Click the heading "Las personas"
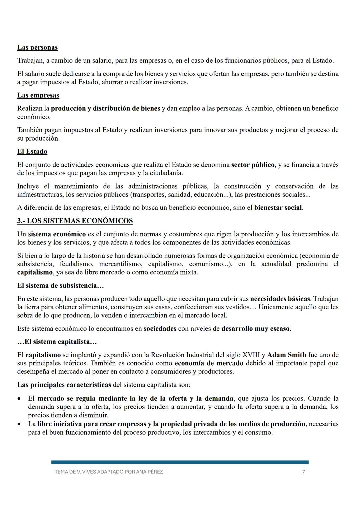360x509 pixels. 37,47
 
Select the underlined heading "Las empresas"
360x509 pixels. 38,95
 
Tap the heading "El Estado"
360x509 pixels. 32,151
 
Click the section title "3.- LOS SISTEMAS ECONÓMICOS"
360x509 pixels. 75,221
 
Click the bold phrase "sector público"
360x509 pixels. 253,165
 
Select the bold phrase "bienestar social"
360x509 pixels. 278,208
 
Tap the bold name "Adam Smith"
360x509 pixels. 287,355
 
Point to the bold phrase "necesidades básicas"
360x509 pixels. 280,299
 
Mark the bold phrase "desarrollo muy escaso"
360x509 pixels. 255,329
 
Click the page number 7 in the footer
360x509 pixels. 303,472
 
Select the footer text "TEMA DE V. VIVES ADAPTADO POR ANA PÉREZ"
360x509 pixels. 109,472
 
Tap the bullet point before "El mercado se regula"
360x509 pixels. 20,399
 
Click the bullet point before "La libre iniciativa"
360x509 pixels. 20,424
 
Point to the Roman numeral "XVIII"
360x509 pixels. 252,355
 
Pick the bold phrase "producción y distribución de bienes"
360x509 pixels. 105,109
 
